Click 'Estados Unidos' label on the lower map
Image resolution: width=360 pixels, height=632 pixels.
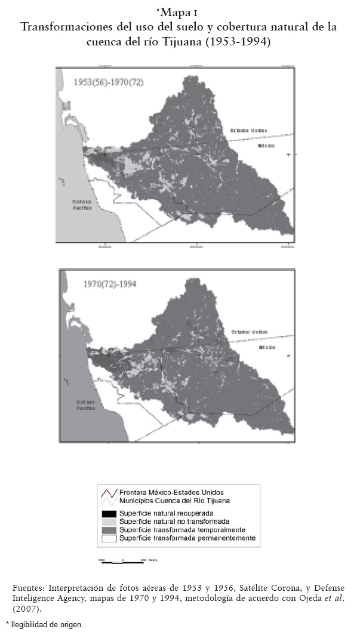click(250, 332)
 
